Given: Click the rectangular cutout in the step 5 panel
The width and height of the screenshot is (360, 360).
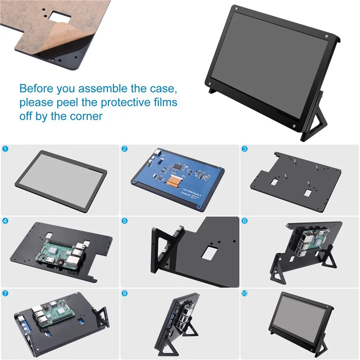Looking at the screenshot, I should tap(207, 253).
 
